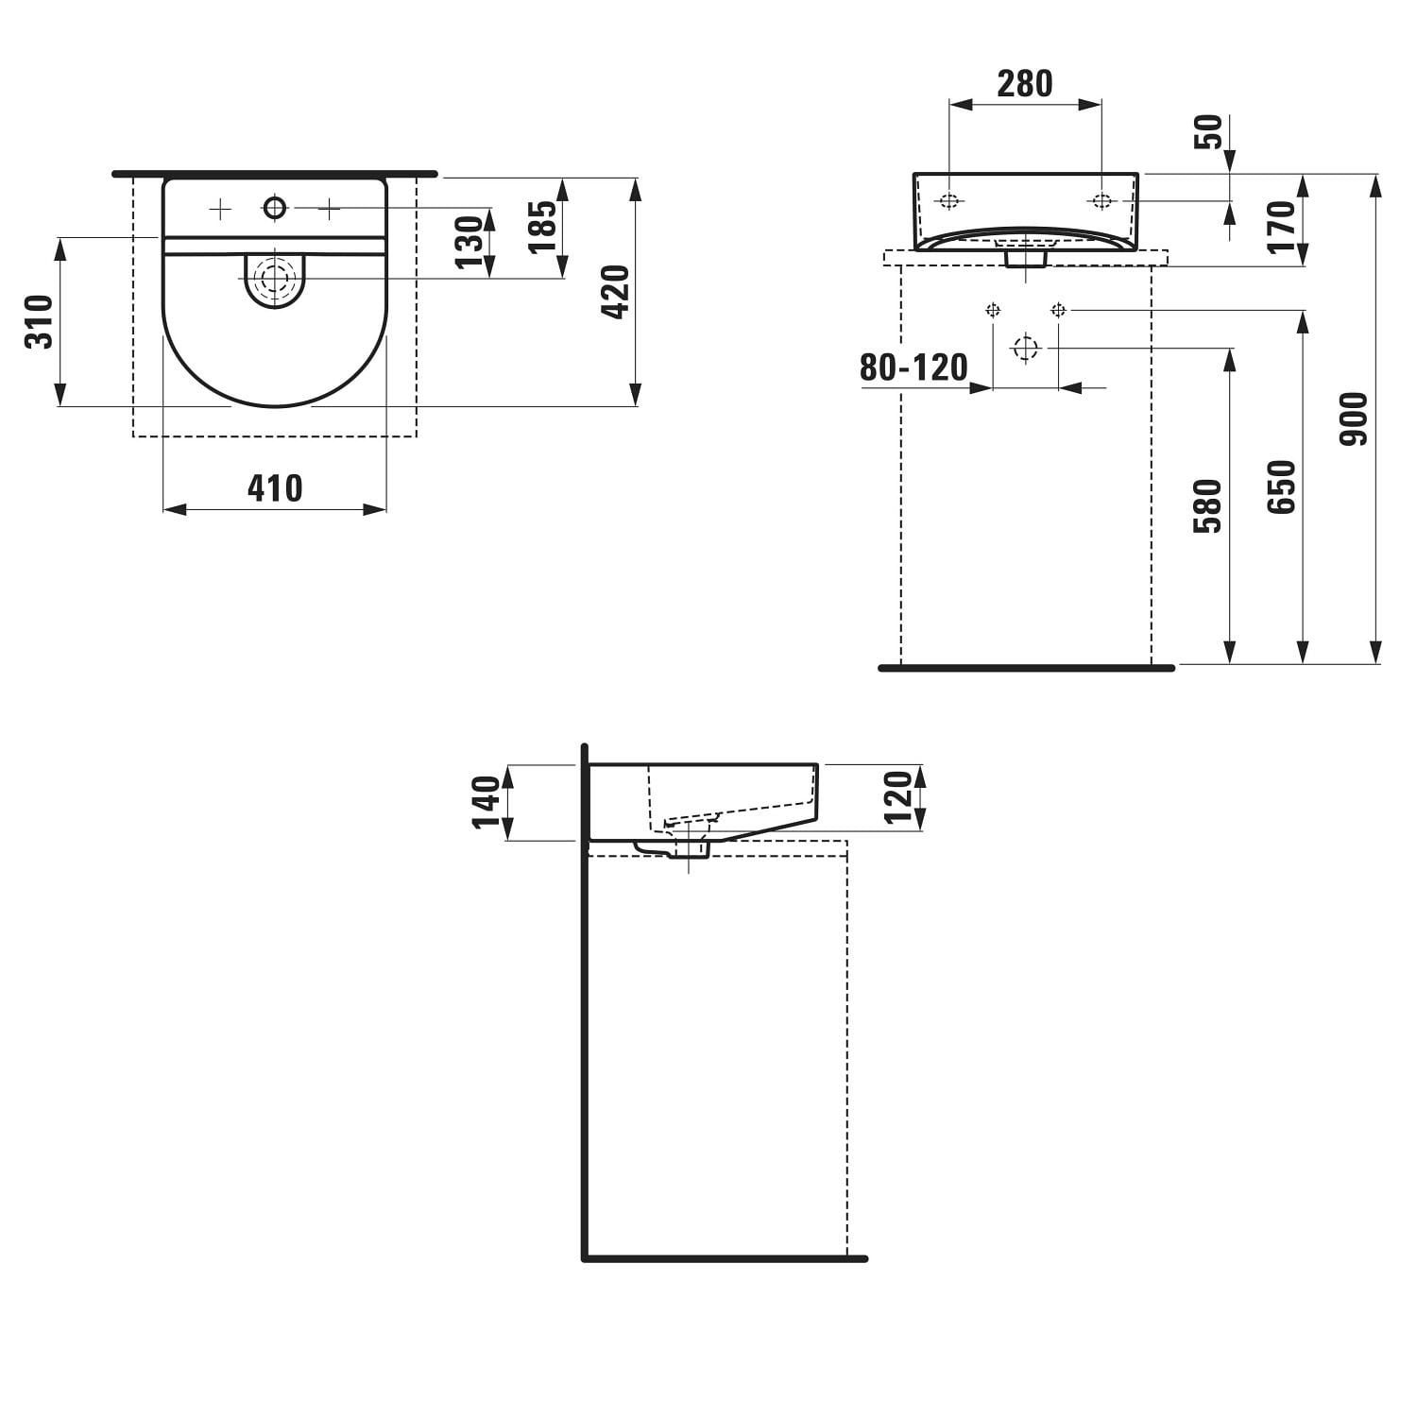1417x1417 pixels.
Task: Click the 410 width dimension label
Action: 275,488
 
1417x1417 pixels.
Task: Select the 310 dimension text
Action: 40,322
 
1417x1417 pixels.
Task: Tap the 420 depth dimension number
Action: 615,292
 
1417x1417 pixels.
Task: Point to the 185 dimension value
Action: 542,227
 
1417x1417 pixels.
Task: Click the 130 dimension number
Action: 469,243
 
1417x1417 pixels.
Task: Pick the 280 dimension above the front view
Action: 1025,84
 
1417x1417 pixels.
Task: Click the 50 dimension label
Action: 1208,131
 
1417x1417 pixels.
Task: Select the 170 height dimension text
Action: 1282,227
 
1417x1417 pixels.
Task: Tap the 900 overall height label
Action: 1354,419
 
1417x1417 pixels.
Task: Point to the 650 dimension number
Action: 1281,487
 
